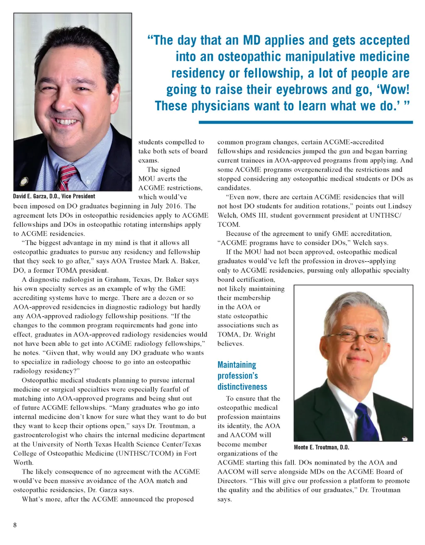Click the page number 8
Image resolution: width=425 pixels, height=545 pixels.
coord(15,525)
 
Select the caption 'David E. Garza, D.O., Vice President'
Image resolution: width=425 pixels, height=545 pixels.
coord(54,197)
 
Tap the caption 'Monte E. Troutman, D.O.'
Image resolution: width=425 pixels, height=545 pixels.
coord(321,447)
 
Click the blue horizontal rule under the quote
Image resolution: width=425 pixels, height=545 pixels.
coord(305,122)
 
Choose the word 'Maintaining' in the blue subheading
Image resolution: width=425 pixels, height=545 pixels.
coord(237,365)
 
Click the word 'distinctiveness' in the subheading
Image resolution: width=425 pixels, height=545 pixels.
coord(242,387)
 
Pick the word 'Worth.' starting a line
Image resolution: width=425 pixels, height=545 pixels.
coord(23,462)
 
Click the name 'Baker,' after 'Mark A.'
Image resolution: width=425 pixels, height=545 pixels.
coord(190,261)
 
